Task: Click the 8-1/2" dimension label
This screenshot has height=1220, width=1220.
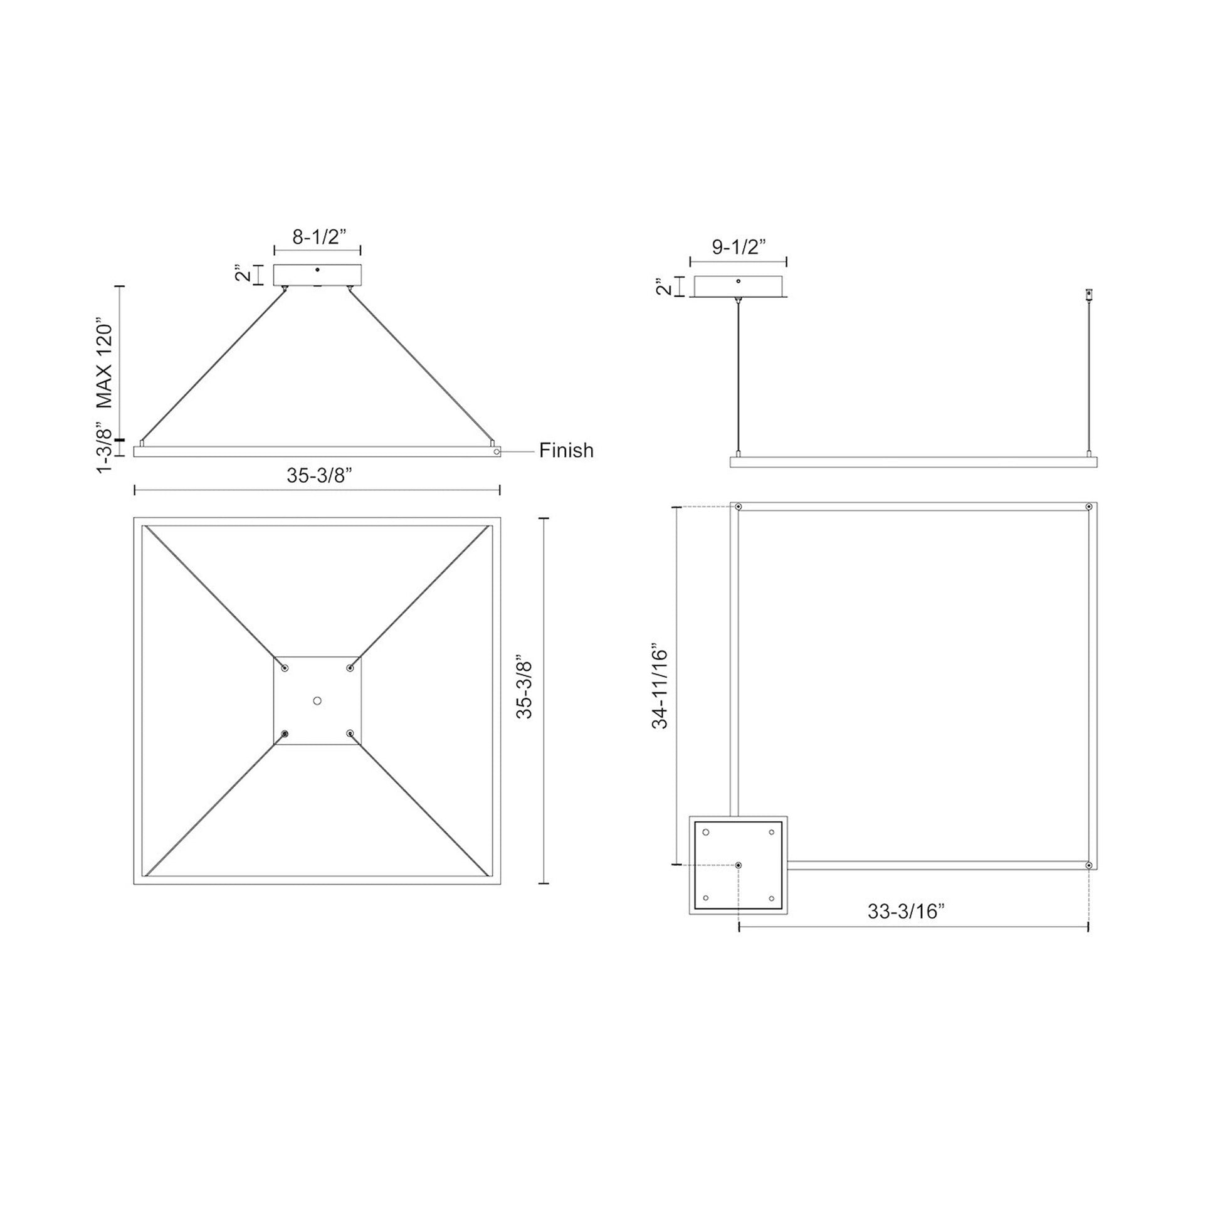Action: point(320,238)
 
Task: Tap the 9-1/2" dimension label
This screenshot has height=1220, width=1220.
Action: point(739,247)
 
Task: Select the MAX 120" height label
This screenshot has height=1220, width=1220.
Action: point(105,366)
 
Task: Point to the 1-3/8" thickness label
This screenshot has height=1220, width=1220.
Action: point(105,450)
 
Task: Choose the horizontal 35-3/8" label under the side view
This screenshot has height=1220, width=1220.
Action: point(319,475)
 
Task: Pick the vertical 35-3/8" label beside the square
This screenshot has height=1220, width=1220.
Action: point(525,690)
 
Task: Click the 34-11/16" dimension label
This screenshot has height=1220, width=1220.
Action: point(660,687)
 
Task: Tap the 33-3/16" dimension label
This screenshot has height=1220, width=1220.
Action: point(905,911)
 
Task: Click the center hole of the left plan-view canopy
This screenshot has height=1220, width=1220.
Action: point(317,701)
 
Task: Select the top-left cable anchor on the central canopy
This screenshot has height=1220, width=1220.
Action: point(285,668)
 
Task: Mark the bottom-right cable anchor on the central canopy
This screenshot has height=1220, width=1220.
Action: point(350,733)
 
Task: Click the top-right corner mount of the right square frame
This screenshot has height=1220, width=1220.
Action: point(1088,507)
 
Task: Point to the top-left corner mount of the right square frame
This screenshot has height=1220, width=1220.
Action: point(738,507)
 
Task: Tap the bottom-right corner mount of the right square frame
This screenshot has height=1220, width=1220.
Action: point(1088,865)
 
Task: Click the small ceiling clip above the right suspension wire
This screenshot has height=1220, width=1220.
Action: point(1088,295)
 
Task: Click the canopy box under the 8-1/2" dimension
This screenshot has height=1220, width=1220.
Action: point(317,275)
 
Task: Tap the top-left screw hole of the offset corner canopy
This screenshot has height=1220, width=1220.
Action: point(706,833)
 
